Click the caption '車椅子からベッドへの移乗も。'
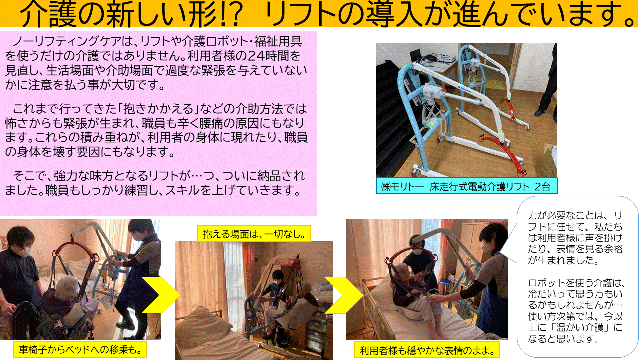click(80, 349)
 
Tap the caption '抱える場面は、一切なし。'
click(254, 234)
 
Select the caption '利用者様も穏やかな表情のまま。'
click(427, 350)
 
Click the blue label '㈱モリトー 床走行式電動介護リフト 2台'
click(466, 186)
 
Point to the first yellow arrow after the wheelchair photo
click(160, 295)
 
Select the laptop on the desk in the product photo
click(416, 57)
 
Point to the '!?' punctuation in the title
click(231, 15)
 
